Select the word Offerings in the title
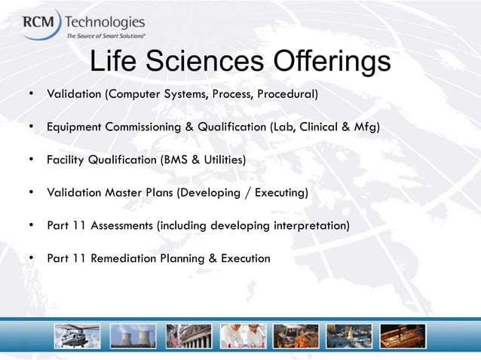[332, 63]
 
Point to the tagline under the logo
[106, 35]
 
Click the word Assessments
[122, 225]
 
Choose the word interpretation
[308, 225]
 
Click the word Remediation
[123, 258]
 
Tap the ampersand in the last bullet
[214, 258]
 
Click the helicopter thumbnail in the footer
[78, 336]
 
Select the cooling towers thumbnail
[133, 336]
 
